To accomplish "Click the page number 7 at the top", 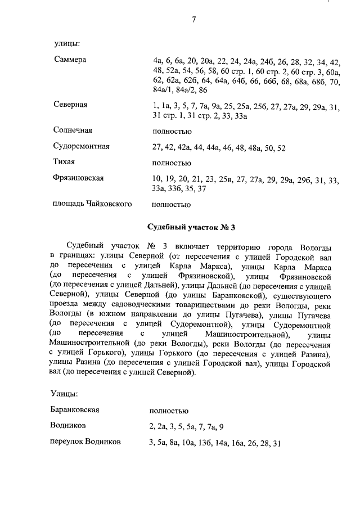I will (x=193, y=20).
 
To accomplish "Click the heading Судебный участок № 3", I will (x=191, y=227).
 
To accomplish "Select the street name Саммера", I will (x=70, y=60).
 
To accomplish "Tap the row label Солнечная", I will (x=73, y=130).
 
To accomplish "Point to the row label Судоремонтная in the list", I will (x=82, y=147).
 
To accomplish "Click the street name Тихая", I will (x=65, y=163).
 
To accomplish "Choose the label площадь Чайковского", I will (x=92, y=204).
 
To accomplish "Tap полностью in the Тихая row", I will (x=172, y=163).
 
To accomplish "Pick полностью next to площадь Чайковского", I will (x=172, y=204).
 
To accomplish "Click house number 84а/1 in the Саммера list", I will (x=162, y=90).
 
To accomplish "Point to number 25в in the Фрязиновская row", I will (x=226, y=179).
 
